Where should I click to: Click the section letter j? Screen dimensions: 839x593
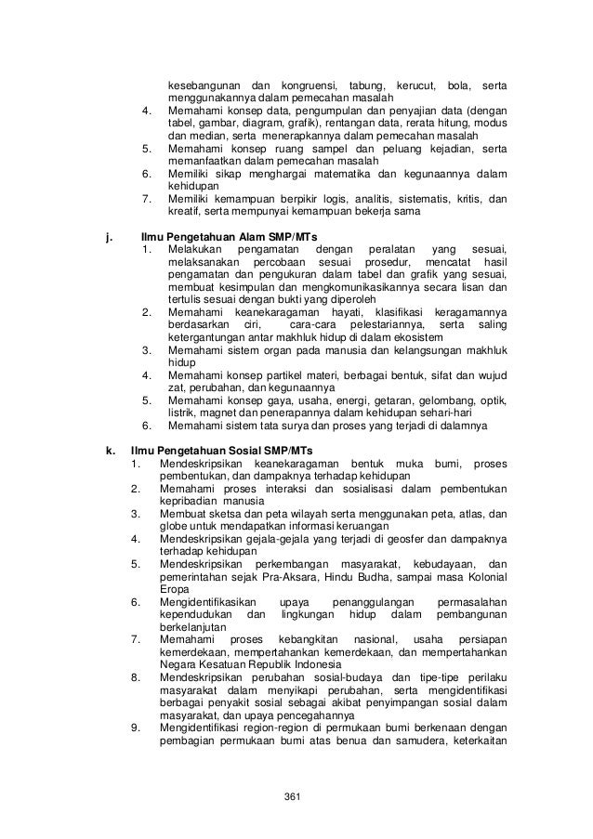point(112,237)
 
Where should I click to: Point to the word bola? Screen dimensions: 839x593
point(458,85)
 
